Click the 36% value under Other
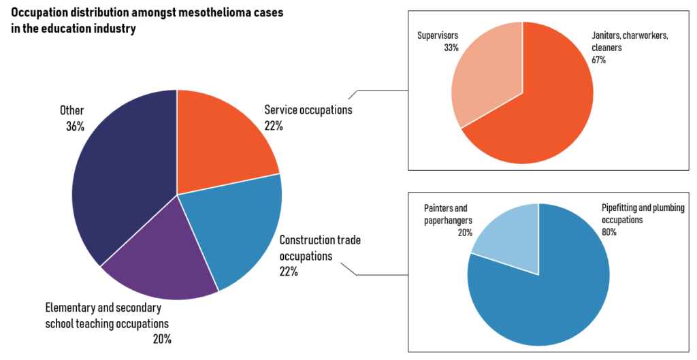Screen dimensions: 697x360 click(75, 126)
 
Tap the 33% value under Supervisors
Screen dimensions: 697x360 click(451, 48)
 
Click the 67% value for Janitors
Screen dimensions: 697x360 click(599, 60)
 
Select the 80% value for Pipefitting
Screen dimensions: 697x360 click(609, 231)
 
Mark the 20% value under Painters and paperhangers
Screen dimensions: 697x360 click(465, 233)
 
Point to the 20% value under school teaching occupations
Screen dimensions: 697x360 click(162, 339)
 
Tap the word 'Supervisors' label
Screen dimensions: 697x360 click(438, 35)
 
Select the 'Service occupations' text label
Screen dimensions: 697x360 click(308, 110)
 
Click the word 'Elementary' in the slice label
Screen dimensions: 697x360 click(70, 308)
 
